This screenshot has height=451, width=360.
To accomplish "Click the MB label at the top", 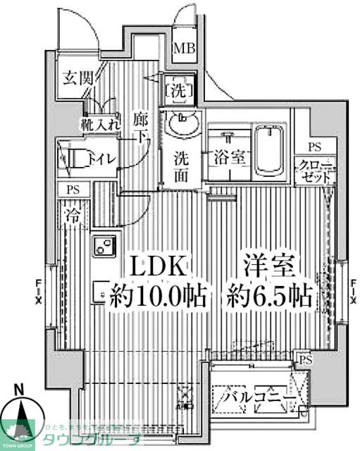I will (185, 51).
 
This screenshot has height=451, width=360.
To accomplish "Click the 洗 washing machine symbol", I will (175, 90).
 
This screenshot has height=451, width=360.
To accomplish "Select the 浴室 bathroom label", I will (227, 157).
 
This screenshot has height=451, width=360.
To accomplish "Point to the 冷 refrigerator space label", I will (73, 214).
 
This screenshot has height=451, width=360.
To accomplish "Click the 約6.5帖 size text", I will (268, 297).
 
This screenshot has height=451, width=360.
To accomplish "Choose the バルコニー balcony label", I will (254, 399).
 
